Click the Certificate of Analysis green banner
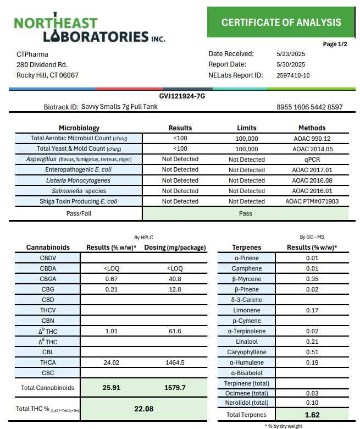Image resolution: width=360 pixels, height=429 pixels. [x=281, y=23]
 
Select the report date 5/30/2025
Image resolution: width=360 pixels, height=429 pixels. [x=291, y=64]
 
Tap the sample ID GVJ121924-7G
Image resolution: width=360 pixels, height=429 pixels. [x=182, y=96]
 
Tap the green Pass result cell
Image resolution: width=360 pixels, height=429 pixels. [x=245, y=213]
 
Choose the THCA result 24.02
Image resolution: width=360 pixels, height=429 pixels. [x=112, y=363]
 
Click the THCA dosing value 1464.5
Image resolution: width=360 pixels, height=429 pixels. [x=175, y=363]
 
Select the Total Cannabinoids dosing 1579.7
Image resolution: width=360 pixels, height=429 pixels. [x=175, y=388]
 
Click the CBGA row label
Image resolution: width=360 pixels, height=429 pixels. [x=48, y=279]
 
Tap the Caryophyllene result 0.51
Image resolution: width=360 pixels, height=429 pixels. [x=312, y=353]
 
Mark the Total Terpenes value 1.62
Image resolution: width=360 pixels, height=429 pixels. [x=312, y=415]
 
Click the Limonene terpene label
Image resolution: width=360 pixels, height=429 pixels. [x=247, y=311]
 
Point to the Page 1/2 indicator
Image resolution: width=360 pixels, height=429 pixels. [x=335, y=44]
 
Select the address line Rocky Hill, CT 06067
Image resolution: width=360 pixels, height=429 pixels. [x=47, y=75]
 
